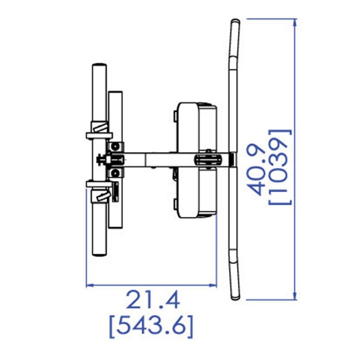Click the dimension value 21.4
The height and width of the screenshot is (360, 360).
[x=152, y=299]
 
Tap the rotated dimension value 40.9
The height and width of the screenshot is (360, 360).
[x=257, y=170]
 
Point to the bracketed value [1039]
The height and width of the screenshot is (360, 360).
[x=280, y=167]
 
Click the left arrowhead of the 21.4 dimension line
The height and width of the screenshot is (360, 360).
[x=90, y=286]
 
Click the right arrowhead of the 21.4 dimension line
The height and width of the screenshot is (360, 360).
[x=212, y=286]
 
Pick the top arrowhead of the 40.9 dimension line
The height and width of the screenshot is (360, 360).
[x=295, y=23]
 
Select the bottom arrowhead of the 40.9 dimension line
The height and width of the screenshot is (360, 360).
[x=295, y=295]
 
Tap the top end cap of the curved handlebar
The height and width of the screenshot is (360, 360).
[x=235, y=22]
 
